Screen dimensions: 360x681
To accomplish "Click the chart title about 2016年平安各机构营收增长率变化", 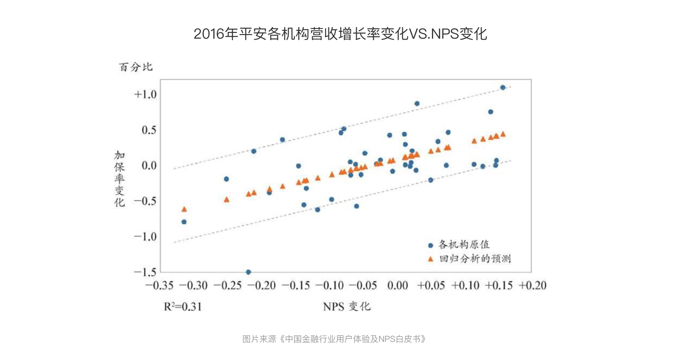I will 340,34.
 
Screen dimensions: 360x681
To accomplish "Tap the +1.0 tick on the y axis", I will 145,94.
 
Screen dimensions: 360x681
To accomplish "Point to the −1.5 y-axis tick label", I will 145,272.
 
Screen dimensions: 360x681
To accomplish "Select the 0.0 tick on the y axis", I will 149,165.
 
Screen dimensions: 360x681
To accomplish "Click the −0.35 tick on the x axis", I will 159,286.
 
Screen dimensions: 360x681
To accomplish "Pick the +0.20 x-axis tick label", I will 532,286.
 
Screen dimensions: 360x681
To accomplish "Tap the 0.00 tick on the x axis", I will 398,286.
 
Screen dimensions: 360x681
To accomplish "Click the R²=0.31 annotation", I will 183,306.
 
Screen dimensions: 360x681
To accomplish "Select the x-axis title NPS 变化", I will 347,306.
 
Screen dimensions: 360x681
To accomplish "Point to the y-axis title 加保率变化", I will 120,178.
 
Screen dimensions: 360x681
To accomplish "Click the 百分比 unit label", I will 135,67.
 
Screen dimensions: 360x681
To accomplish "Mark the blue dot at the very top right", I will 503,88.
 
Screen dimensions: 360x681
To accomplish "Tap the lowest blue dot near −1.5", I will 248,272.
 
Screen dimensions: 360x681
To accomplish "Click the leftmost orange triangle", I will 184,209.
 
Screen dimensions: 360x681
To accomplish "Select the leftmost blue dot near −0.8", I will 184,222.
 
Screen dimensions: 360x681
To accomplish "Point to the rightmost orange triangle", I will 503,134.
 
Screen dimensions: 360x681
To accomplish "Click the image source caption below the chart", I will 334,339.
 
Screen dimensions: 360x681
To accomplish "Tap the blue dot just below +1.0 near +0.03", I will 417,104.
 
